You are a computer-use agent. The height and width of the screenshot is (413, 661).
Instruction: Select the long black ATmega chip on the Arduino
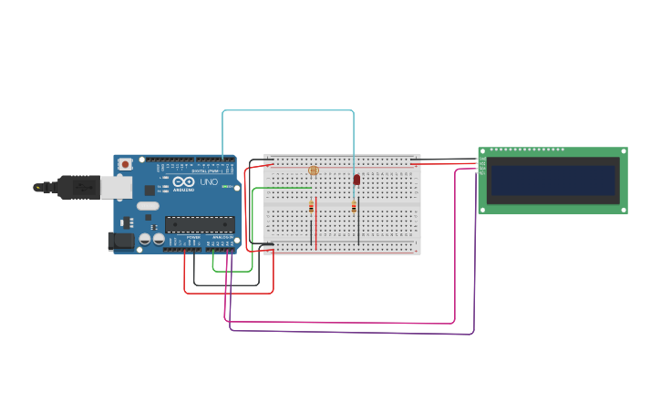coord(199,224)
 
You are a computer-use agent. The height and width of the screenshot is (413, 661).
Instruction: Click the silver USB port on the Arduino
coord(115,187)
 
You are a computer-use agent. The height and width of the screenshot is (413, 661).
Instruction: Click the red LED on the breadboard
coord(356,180)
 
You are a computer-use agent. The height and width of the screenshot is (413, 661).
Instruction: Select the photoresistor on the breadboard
coord(314,170)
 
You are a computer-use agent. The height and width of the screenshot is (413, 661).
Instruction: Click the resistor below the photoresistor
coord(312,207)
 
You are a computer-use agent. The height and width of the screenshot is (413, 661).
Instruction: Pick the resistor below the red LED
coord(354,207)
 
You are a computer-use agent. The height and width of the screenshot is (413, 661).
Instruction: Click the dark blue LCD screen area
coord(553,181)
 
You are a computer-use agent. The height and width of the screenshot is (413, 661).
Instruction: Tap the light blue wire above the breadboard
coord(287,110)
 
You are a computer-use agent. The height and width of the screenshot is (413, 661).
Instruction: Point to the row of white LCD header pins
coord(527,150)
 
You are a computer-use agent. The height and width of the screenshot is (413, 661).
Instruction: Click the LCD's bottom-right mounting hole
coord(624,210)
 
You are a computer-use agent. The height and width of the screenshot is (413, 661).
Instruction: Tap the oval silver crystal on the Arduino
coord(147,219)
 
